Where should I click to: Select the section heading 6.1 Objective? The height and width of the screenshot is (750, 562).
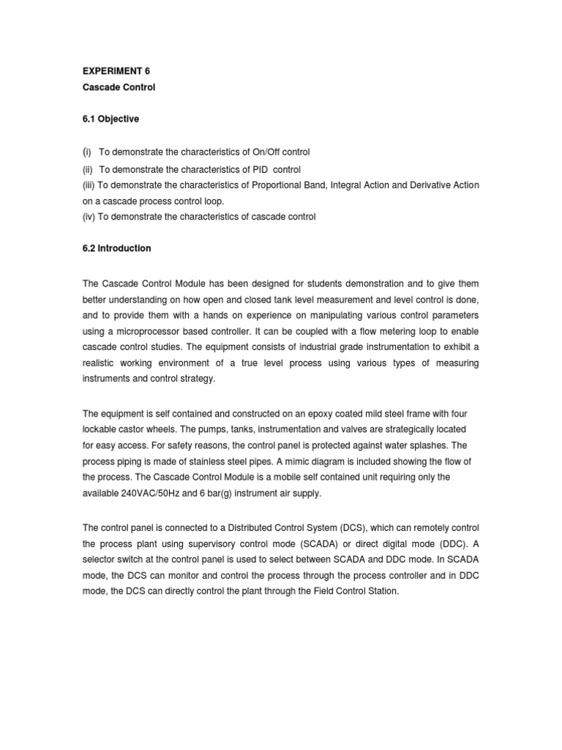point(110,119)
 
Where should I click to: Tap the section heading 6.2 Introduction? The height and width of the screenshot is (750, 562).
point(116,248)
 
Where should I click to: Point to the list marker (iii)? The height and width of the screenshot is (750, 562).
point(89,185)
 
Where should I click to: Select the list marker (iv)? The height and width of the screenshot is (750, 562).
point(89,218)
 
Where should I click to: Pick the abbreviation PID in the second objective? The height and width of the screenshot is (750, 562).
point(257,169)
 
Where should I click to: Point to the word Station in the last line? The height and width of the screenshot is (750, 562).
point(383,592)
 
